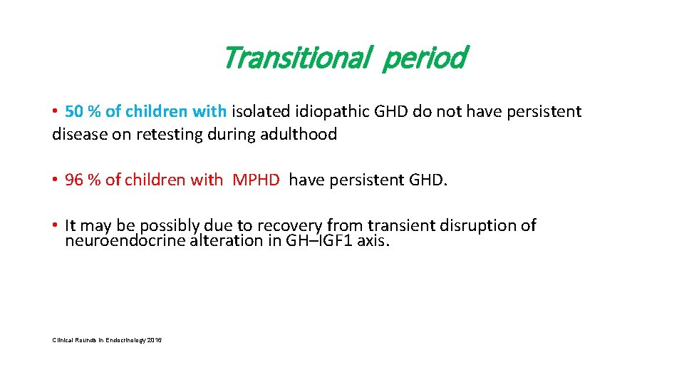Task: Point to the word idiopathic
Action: (x=329, y=112)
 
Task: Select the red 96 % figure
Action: (x=83, y=180)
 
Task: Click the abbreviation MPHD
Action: (x=256, y=180)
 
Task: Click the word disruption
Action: (x=472, y=225)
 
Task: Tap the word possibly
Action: (x=168, y=226)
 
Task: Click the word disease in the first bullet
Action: (x=78, y=134)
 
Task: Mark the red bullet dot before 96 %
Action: (x=56, y=180)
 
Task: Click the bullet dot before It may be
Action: (x=56, y=225)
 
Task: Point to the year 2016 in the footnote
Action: (x=155, y=341)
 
